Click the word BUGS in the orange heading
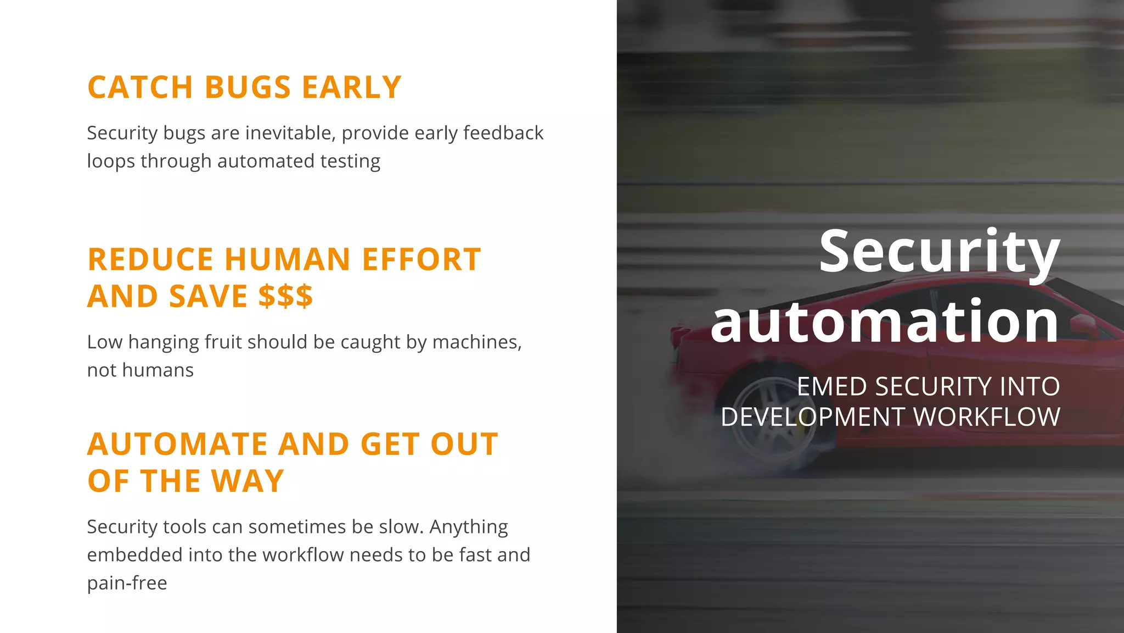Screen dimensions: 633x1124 [x=248, y=87]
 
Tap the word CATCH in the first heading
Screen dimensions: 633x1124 [x=140, y=87]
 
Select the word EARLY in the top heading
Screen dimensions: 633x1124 [x=352, y=87]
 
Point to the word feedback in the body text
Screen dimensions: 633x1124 [x=503, y=133]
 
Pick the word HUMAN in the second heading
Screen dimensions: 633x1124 [x=288, y=259]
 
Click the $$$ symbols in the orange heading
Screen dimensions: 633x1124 [x=285, y=296]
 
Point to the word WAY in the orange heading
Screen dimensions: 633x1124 [x=248, y=481]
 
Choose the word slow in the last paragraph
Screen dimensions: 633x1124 [x=400, y=526]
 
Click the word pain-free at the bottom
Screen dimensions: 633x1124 [x=127, y=583]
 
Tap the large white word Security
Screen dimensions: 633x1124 [x=939, y=252]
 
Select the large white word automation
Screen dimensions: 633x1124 [x=885, y=321]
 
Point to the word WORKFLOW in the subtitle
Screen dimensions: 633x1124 [x=986, y=417]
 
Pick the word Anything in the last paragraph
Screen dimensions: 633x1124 [x=468, y=526]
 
